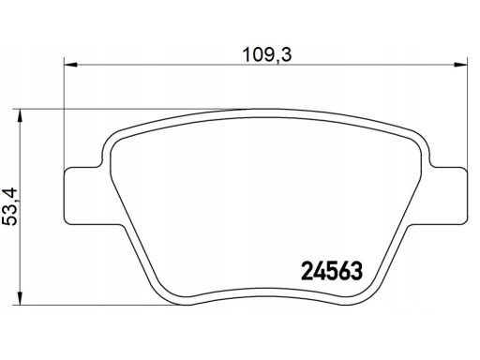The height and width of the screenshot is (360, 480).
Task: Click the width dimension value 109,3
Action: (267, 54)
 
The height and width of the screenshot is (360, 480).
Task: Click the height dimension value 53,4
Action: (10, 207)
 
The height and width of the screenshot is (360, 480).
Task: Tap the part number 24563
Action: (332, 271)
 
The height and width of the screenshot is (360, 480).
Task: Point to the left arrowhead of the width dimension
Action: (70, 65)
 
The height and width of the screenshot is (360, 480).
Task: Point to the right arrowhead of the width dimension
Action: (460, 65)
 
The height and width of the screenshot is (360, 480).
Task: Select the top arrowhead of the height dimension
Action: (20, 115)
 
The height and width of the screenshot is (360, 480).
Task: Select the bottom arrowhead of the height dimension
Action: (20, 298)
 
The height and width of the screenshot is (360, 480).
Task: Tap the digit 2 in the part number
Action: (307, 271)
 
